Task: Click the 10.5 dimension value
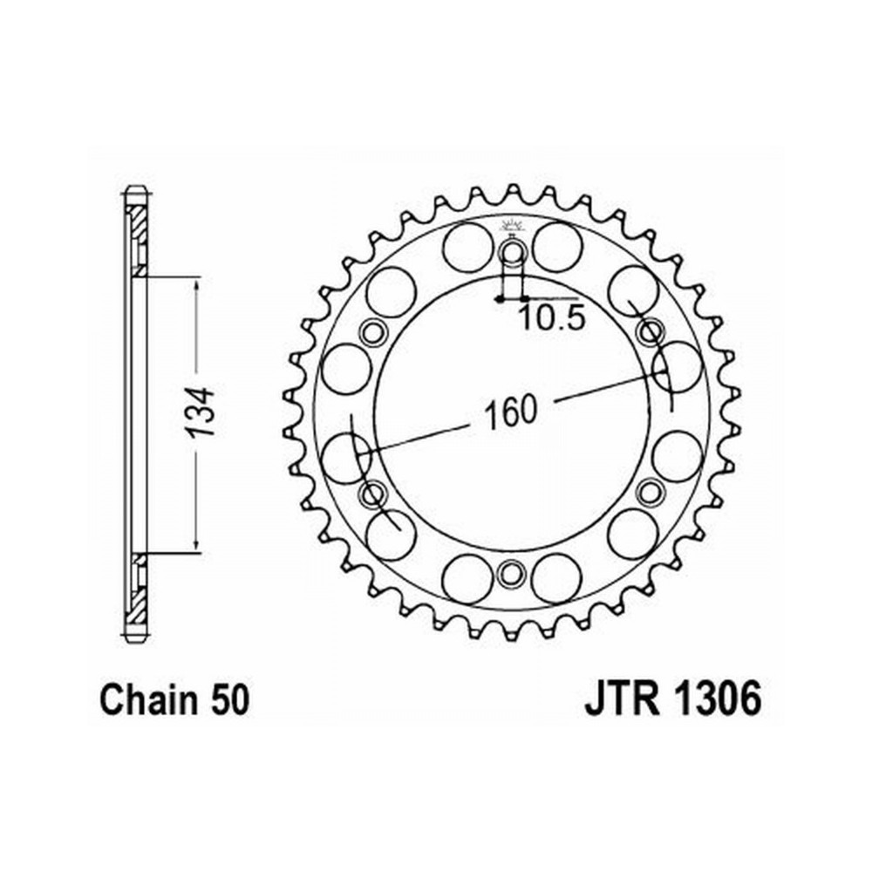(x=552, y=319)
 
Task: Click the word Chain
(x=148, y=699)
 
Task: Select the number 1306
(x=718, y=699)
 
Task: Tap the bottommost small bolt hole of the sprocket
(x=510, y=574)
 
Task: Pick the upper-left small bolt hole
(x=372, y=333)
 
